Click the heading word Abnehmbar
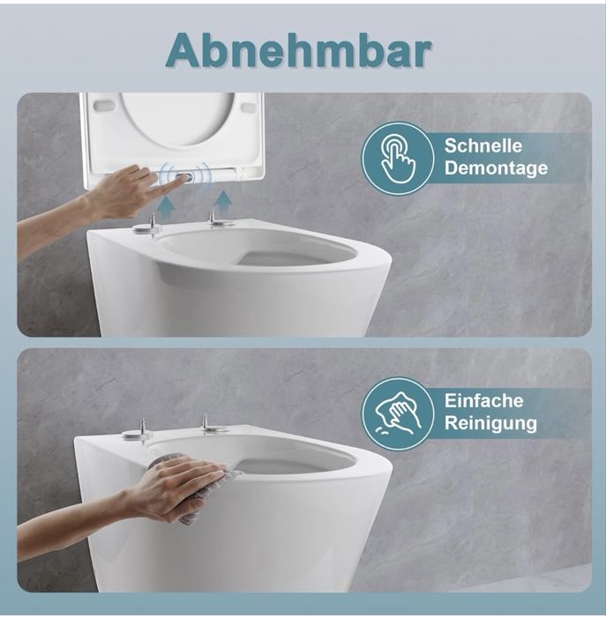(x=298, y=50)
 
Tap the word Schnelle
(x=483, y=146)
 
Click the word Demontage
(x=496, y=168)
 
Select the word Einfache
(x=484, y=401)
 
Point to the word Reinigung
(x=490, y=424)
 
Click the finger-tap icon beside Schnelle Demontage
(x=398, y=158)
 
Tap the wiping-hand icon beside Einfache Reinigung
(x=398, y=413)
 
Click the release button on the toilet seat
(x=184, y=178)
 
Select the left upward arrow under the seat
(x=167, y=210)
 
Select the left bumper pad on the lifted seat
(x=104, y=106)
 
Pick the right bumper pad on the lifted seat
(x=249, y=107)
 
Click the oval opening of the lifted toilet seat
(x=176, y=118)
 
